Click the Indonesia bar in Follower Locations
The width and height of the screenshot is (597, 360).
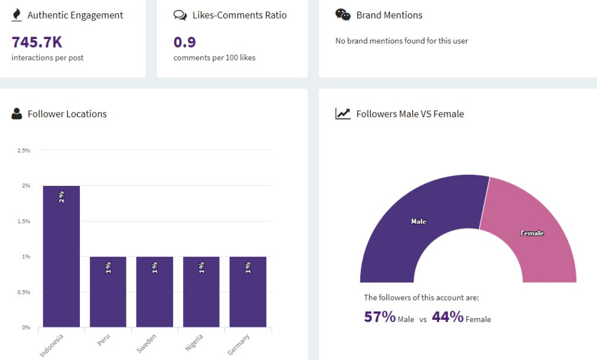(61, 256)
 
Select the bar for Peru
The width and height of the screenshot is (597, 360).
(108, 291)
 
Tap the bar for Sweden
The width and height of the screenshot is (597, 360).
(154, 291)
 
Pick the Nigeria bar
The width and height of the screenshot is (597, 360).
(201, 291)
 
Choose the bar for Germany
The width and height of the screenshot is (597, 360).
(248, 291)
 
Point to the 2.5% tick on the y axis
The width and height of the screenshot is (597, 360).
(24, 150)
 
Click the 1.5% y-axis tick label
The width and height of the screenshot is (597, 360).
(24, 221)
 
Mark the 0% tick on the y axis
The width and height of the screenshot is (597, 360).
(26, 327)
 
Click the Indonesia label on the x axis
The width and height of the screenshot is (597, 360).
(51, 345)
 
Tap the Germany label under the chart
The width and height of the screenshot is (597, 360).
(238, 345)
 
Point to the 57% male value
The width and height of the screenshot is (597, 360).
(380, 317)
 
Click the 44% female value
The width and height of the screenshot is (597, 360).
(447, 317)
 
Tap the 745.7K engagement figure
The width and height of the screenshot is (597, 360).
(37, 42)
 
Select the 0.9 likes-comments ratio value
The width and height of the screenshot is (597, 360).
(185, 42)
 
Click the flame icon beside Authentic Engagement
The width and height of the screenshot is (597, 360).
(17, 15)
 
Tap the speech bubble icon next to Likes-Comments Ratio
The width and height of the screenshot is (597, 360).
(180, 15)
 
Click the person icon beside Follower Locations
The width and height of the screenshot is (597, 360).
(17, 114)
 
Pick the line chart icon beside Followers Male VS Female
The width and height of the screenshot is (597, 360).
(343, 114)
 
